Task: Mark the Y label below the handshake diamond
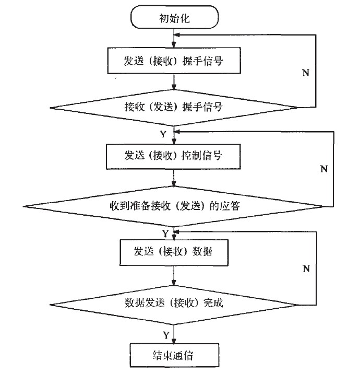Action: (163, 134)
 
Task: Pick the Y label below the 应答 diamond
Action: (165, 232)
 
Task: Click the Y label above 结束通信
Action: (165, 333)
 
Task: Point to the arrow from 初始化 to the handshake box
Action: (174, 39)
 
